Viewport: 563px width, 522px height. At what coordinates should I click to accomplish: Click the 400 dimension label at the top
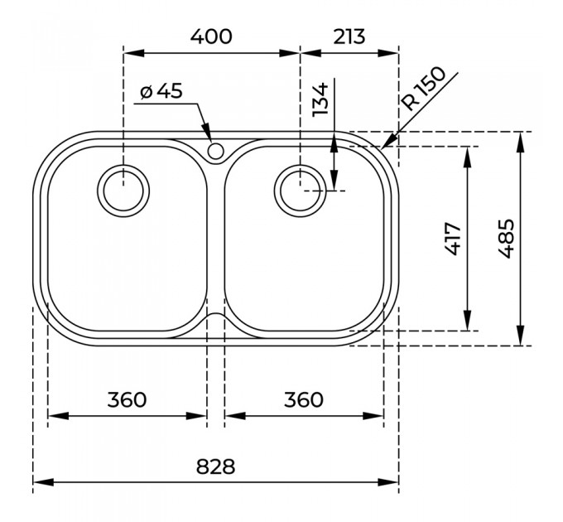click(x=211, y=36)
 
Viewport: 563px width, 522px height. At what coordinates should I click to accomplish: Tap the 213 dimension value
click(x=349, y=36)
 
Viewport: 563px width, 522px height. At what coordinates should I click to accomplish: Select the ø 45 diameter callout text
click(x=161, y=91)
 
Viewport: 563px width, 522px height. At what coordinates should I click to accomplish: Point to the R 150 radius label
click(x=423, y=89)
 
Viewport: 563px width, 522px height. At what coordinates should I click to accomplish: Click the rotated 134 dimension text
click(x=320, y=99)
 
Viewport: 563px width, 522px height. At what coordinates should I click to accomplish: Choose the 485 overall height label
click(x=506, y=239)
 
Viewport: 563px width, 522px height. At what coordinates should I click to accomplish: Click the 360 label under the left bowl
click(x=127, y=399)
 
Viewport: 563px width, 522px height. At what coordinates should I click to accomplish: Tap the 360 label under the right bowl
click(x=303, y=399)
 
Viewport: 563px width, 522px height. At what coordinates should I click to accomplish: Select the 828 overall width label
click(x=215, y=466)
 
